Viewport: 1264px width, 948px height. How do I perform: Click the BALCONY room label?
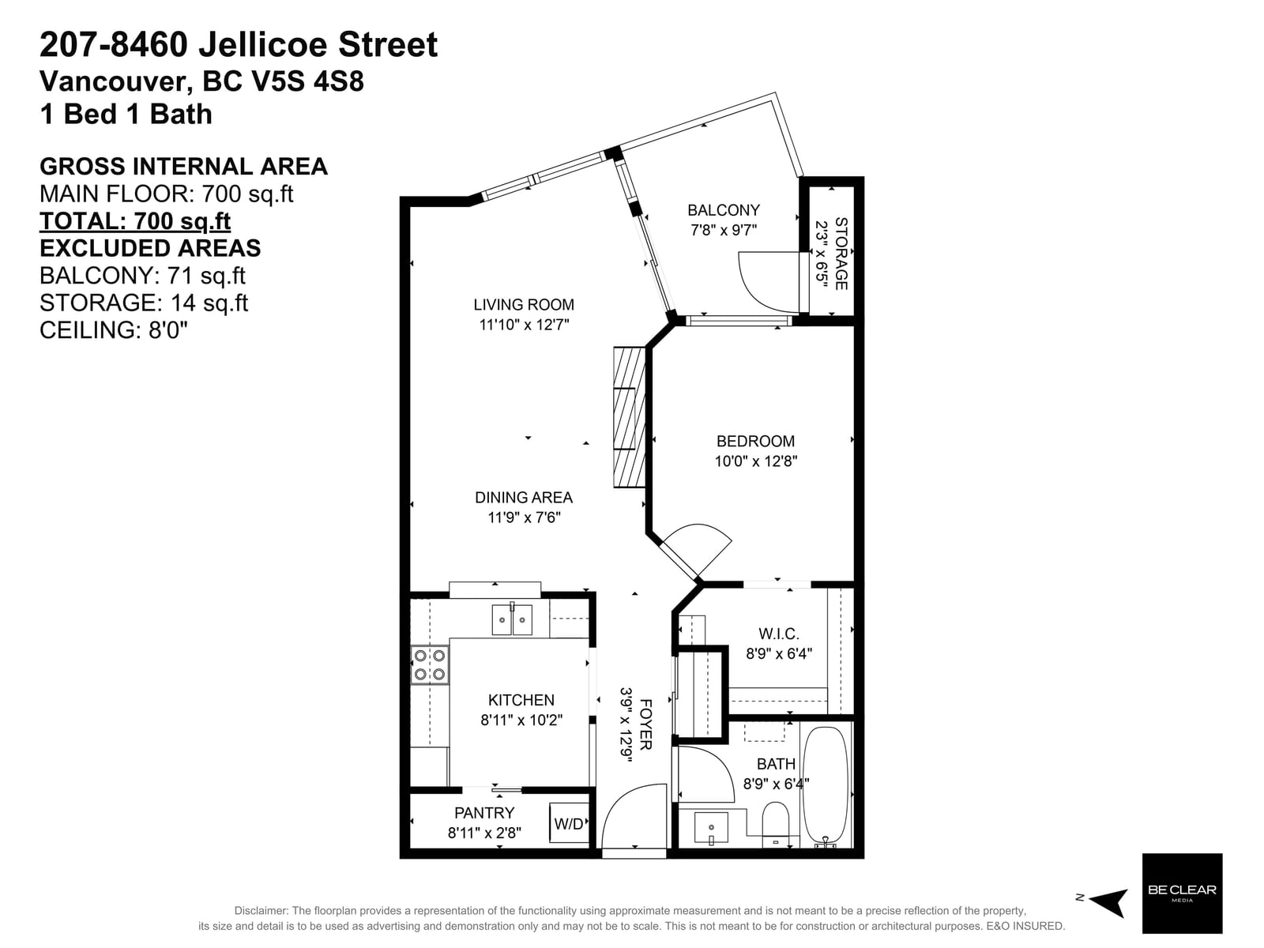(x=723, y=210)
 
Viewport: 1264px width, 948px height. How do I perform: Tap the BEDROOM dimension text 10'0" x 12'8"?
(x=755, y=461)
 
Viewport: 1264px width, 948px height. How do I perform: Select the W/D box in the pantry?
(x=568, y=823)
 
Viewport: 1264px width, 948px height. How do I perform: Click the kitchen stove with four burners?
(x=430, y=665)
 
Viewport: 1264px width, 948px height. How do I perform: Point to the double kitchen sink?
(x=511, y=619)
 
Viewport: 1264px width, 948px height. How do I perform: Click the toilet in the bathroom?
(x=775, y=825)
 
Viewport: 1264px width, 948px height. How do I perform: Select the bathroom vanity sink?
(x=710, y=828)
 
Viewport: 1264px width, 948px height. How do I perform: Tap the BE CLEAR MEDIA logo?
(x=1182, y=893)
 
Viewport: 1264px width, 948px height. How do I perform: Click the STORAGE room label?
(x=841, y=254)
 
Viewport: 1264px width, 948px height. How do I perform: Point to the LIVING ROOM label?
(x=524, y=304)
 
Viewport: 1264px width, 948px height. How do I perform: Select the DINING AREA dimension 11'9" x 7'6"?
(x=524, y=517)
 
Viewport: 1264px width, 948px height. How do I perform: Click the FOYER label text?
(x=645, y=724)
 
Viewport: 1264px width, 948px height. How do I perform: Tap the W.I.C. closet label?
(x=779, y=634)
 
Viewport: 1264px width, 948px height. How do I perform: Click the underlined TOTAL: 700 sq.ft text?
(x=135, y=221)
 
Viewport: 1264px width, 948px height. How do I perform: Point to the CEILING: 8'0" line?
(x=114, y=330)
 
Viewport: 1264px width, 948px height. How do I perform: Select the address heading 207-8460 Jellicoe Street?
(x=239, y=45)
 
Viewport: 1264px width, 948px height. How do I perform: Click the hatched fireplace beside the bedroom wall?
(x=629, y=417)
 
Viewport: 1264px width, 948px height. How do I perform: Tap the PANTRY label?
(x=483, y=813)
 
